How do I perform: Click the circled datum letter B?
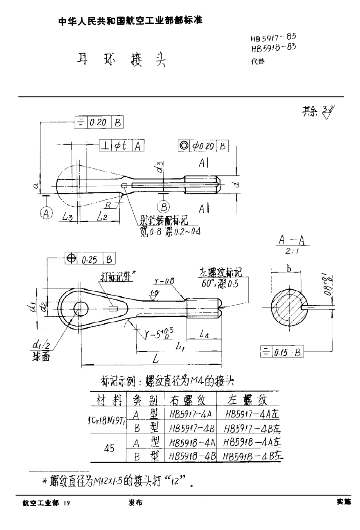click(163, 207)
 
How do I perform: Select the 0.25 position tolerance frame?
click(90, 259)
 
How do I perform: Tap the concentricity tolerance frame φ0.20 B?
click(203, 146)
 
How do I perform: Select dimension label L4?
click(204, 335)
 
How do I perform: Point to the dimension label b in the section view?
click(289, 268)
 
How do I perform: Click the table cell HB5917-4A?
click(187, 414)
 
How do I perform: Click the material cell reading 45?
click(109, 448)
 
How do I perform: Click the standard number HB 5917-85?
click(273, 40)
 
